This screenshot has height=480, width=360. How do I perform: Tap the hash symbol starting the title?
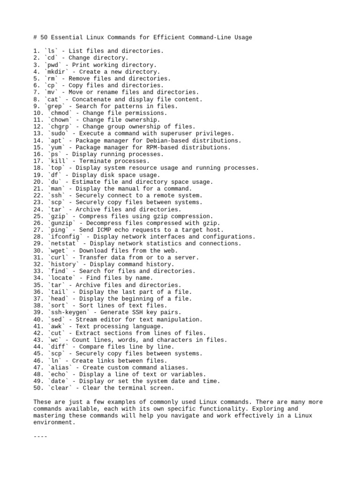[36, 37]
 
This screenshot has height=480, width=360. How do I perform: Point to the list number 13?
[37, 134]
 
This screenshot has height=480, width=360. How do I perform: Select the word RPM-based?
[165, 147]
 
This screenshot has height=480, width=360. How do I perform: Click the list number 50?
[37, 388]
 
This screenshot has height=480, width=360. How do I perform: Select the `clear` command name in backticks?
[60, 388]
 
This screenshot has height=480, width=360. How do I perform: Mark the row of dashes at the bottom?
[41, 436]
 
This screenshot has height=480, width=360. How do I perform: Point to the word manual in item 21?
[124, 188]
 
